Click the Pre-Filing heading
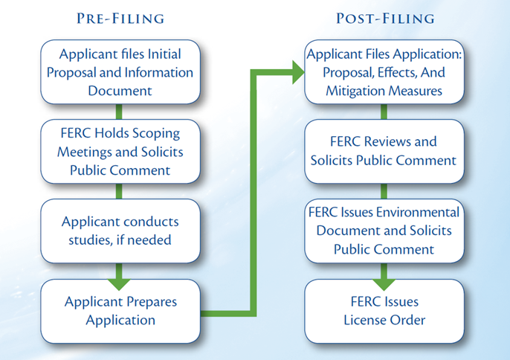point(120,18)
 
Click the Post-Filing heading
point(384,18)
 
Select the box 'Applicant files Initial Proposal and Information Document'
point(120,72)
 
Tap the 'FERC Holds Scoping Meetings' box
point(120,152)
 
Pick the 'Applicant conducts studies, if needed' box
point(120,231)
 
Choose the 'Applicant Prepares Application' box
point(120,311)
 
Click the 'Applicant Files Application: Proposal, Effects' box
point(384,72)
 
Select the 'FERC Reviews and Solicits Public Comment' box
point(384,151)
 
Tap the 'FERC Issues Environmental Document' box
point(384,231)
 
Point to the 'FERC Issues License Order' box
point(384,311)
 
